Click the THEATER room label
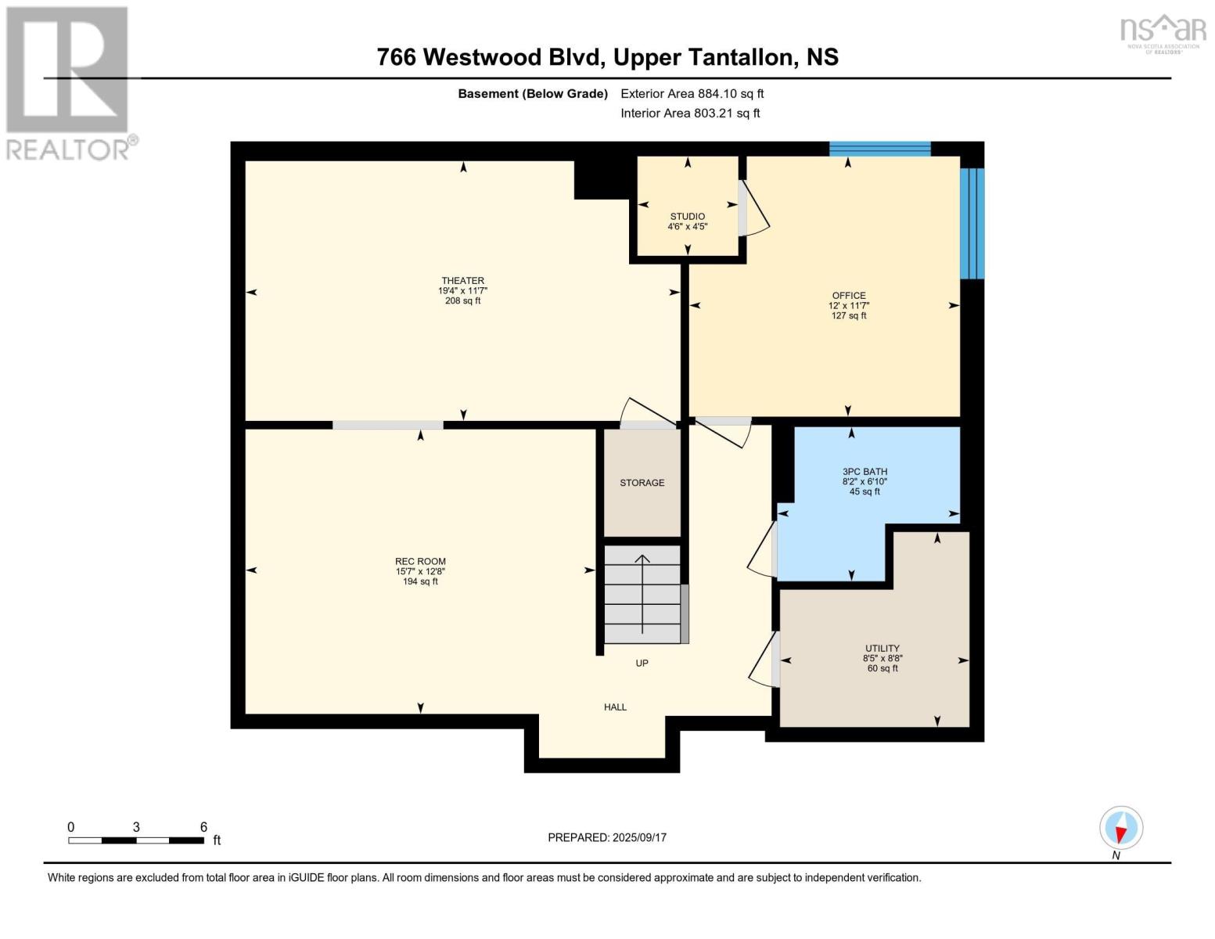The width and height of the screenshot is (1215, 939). point(462,281)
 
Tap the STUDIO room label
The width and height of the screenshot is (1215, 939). point(687,217)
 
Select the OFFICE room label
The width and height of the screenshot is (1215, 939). point(849,296)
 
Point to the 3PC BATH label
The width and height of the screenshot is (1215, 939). point(865,472)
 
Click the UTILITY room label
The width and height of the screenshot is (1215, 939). point(882,649)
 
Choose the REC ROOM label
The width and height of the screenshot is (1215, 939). point(420,562)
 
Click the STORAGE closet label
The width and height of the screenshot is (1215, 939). point(642,483)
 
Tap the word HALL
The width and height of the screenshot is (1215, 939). point(615,707)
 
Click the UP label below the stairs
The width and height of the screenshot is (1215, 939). point(642,664)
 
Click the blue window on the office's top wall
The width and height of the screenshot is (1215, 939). point(879,149)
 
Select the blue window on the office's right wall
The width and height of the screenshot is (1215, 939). point(972,223)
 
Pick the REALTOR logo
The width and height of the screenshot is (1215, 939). point(69,83)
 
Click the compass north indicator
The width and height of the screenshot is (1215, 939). point(1120,829)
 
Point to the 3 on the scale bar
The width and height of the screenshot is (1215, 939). point(136,827)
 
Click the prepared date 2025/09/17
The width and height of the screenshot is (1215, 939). point(639,837)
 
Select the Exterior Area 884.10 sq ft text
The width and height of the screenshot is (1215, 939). point(692,94)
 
